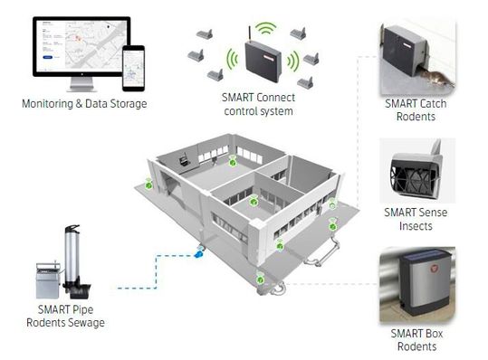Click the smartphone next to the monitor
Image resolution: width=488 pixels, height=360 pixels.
[x=133, y=69]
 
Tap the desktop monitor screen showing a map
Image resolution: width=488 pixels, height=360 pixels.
[x=81, y=46]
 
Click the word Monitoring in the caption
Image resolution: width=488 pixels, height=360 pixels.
[x=47, y=104]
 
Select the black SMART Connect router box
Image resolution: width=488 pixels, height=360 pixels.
[x=263, y=62]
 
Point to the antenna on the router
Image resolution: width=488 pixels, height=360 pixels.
[x=250, y=34]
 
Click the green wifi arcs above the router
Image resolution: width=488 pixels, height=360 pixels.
[x=266, y=28]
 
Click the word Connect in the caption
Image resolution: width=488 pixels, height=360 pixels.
[x=276, y=98]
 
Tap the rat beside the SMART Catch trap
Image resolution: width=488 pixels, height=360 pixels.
[x=436, y=78]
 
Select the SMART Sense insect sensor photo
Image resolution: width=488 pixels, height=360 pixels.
[x=417, y=171]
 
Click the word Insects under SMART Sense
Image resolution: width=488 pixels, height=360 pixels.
[x=416, y=226]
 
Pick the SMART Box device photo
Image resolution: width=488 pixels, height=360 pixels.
[x=417, y=284]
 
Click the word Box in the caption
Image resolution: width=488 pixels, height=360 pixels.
[x=434, y=334]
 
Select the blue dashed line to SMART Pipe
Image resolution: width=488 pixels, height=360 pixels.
[x=157, y=271]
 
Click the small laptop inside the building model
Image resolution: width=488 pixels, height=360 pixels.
[x=184, y=160]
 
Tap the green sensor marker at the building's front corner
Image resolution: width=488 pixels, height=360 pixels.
[x=260, y=279]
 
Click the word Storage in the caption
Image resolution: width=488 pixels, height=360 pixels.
[x=129, y=104]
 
